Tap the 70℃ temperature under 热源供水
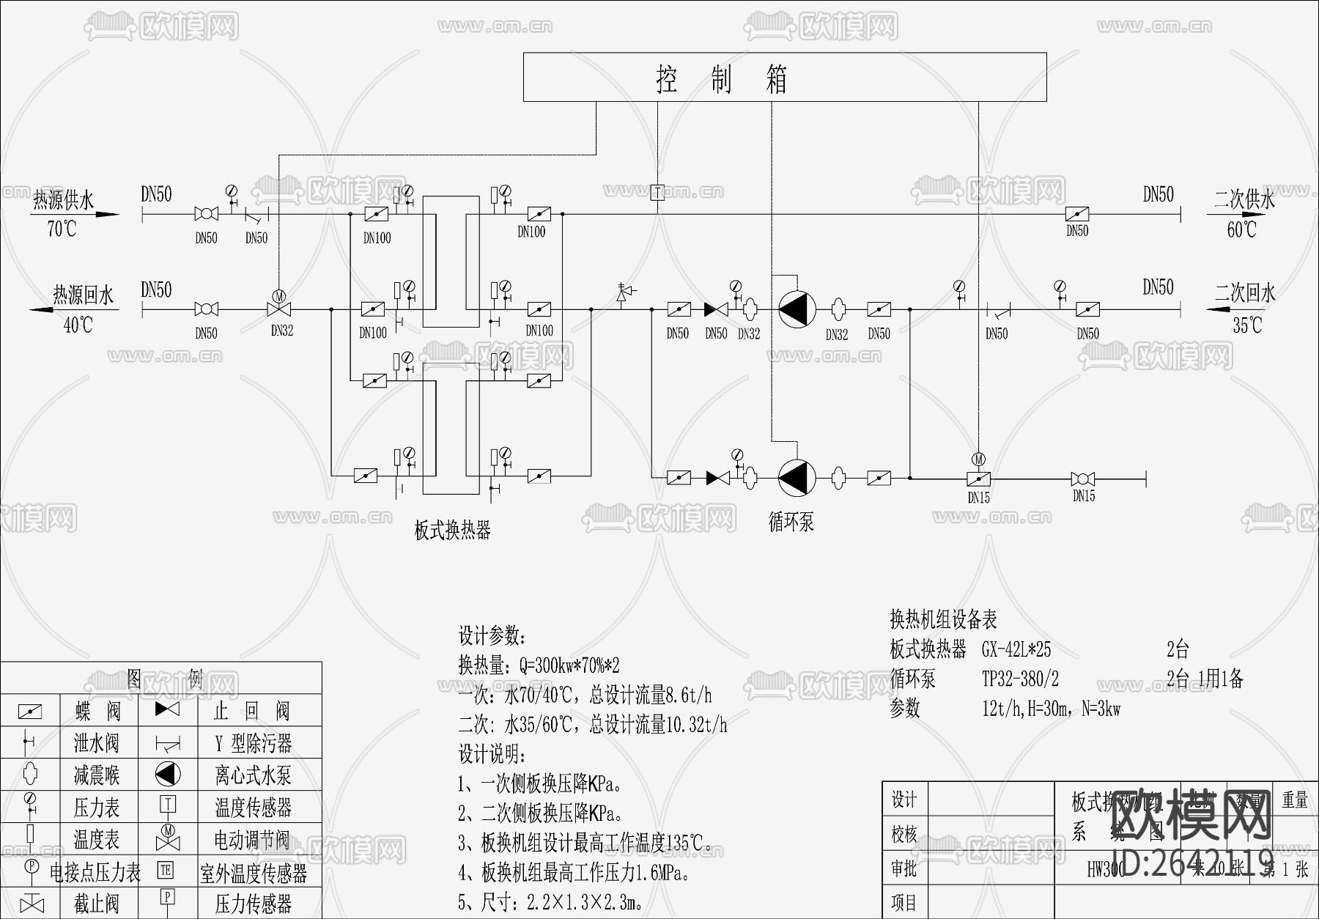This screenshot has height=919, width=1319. [62, 229]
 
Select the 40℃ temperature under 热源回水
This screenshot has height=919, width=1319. [78, 325]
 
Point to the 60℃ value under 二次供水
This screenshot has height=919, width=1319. [1241, 229]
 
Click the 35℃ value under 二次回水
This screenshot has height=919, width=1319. [1247, 325]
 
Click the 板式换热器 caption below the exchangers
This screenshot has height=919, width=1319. [452, 530]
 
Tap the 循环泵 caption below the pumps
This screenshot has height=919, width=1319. [791, 522]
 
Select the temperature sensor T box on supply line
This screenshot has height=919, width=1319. [657, 192]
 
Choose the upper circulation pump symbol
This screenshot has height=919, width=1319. [797, 309]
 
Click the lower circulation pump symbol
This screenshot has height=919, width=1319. [797, 478]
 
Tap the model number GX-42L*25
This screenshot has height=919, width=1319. [1016, 649]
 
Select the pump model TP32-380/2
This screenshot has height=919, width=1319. [1020, 679]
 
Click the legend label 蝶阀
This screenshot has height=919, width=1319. [97, 710]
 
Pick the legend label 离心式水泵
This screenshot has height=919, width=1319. [253, 775]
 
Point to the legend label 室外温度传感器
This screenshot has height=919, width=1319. [254, 872]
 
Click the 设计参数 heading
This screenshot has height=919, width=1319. [492, 635]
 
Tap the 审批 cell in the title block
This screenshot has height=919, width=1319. [904, 868]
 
